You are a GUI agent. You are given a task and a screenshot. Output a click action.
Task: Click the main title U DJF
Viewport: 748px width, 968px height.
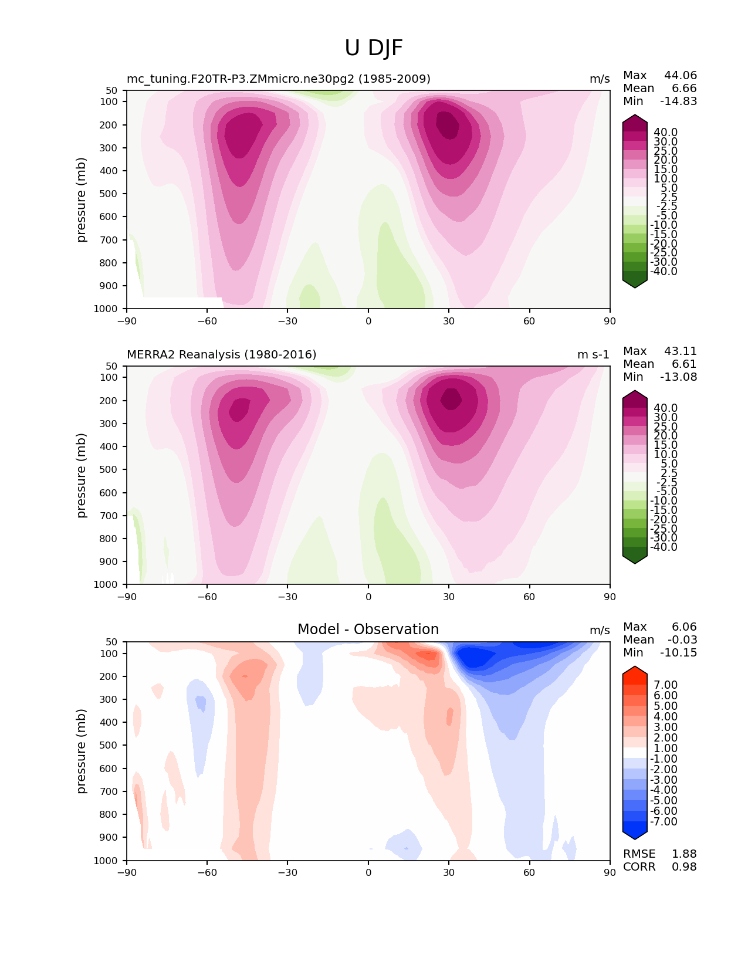[374, 48]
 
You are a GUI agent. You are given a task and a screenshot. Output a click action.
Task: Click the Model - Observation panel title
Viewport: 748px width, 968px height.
[368, 629]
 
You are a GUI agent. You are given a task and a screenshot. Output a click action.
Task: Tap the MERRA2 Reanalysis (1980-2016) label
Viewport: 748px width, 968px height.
[221, 354]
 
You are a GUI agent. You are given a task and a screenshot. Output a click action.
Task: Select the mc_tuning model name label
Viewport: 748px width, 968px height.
[278, 79]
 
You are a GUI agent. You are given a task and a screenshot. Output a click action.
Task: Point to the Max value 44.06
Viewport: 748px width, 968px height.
[681, 75]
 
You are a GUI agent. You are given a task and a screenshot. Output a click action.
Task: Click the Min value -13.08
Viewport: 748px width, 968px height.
[679, 377]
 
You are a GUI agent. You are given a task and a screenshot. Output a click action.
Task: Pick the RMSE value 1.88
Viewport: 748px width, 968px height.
[684, 854]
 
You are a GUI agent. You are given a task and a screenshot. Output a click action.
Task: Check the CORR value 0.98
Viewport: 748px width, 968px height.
[684, 867]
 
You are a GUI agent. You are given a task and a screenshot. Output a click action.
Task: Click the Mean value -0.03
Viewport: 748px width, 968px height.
[682, 639]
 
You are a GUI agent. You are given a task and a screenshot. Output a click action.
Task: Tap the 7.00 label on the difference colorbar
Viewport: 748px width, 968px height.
[665, 685]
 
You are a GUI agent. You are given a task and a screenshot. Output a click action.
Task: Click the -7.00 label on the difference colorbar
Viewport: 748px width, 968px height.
[664, 821]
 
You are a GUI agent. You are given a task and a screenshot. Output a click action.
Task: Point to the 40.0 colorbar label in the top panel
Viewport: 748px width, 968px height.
[665, 133]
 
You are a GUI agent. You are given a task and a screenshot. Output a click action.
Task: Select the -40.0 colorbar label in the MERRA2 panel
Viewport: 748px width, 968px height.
[664, 547]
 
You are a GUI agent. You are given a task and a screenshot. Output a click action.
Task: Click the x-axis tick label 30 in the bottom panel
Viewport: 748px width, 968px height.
[449, 872]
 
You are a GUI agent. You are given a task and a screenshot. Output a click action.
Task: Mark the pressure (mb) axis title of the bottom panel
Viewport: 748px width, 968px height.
[82, 751]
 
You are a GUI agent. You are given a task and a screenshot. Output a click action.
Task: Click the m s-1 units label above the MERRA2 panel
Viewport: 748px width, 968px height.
[593, 354]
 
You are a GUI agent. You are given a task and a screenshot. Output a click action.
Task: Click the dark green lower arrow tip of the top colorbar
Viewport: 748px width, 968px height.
[635, 284]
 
